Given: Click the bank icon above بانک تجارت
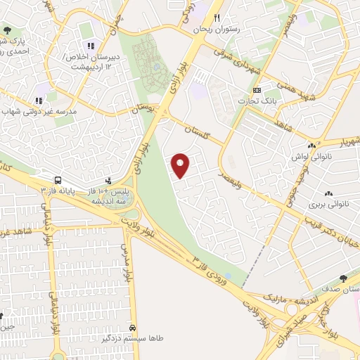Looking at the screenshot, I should (x=257, y=90).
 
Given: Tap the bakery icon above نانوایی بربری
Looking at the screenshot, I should (x=328, y=193).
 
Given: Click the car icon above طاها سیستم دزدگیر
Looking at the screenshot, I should (x=134, y=328).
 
